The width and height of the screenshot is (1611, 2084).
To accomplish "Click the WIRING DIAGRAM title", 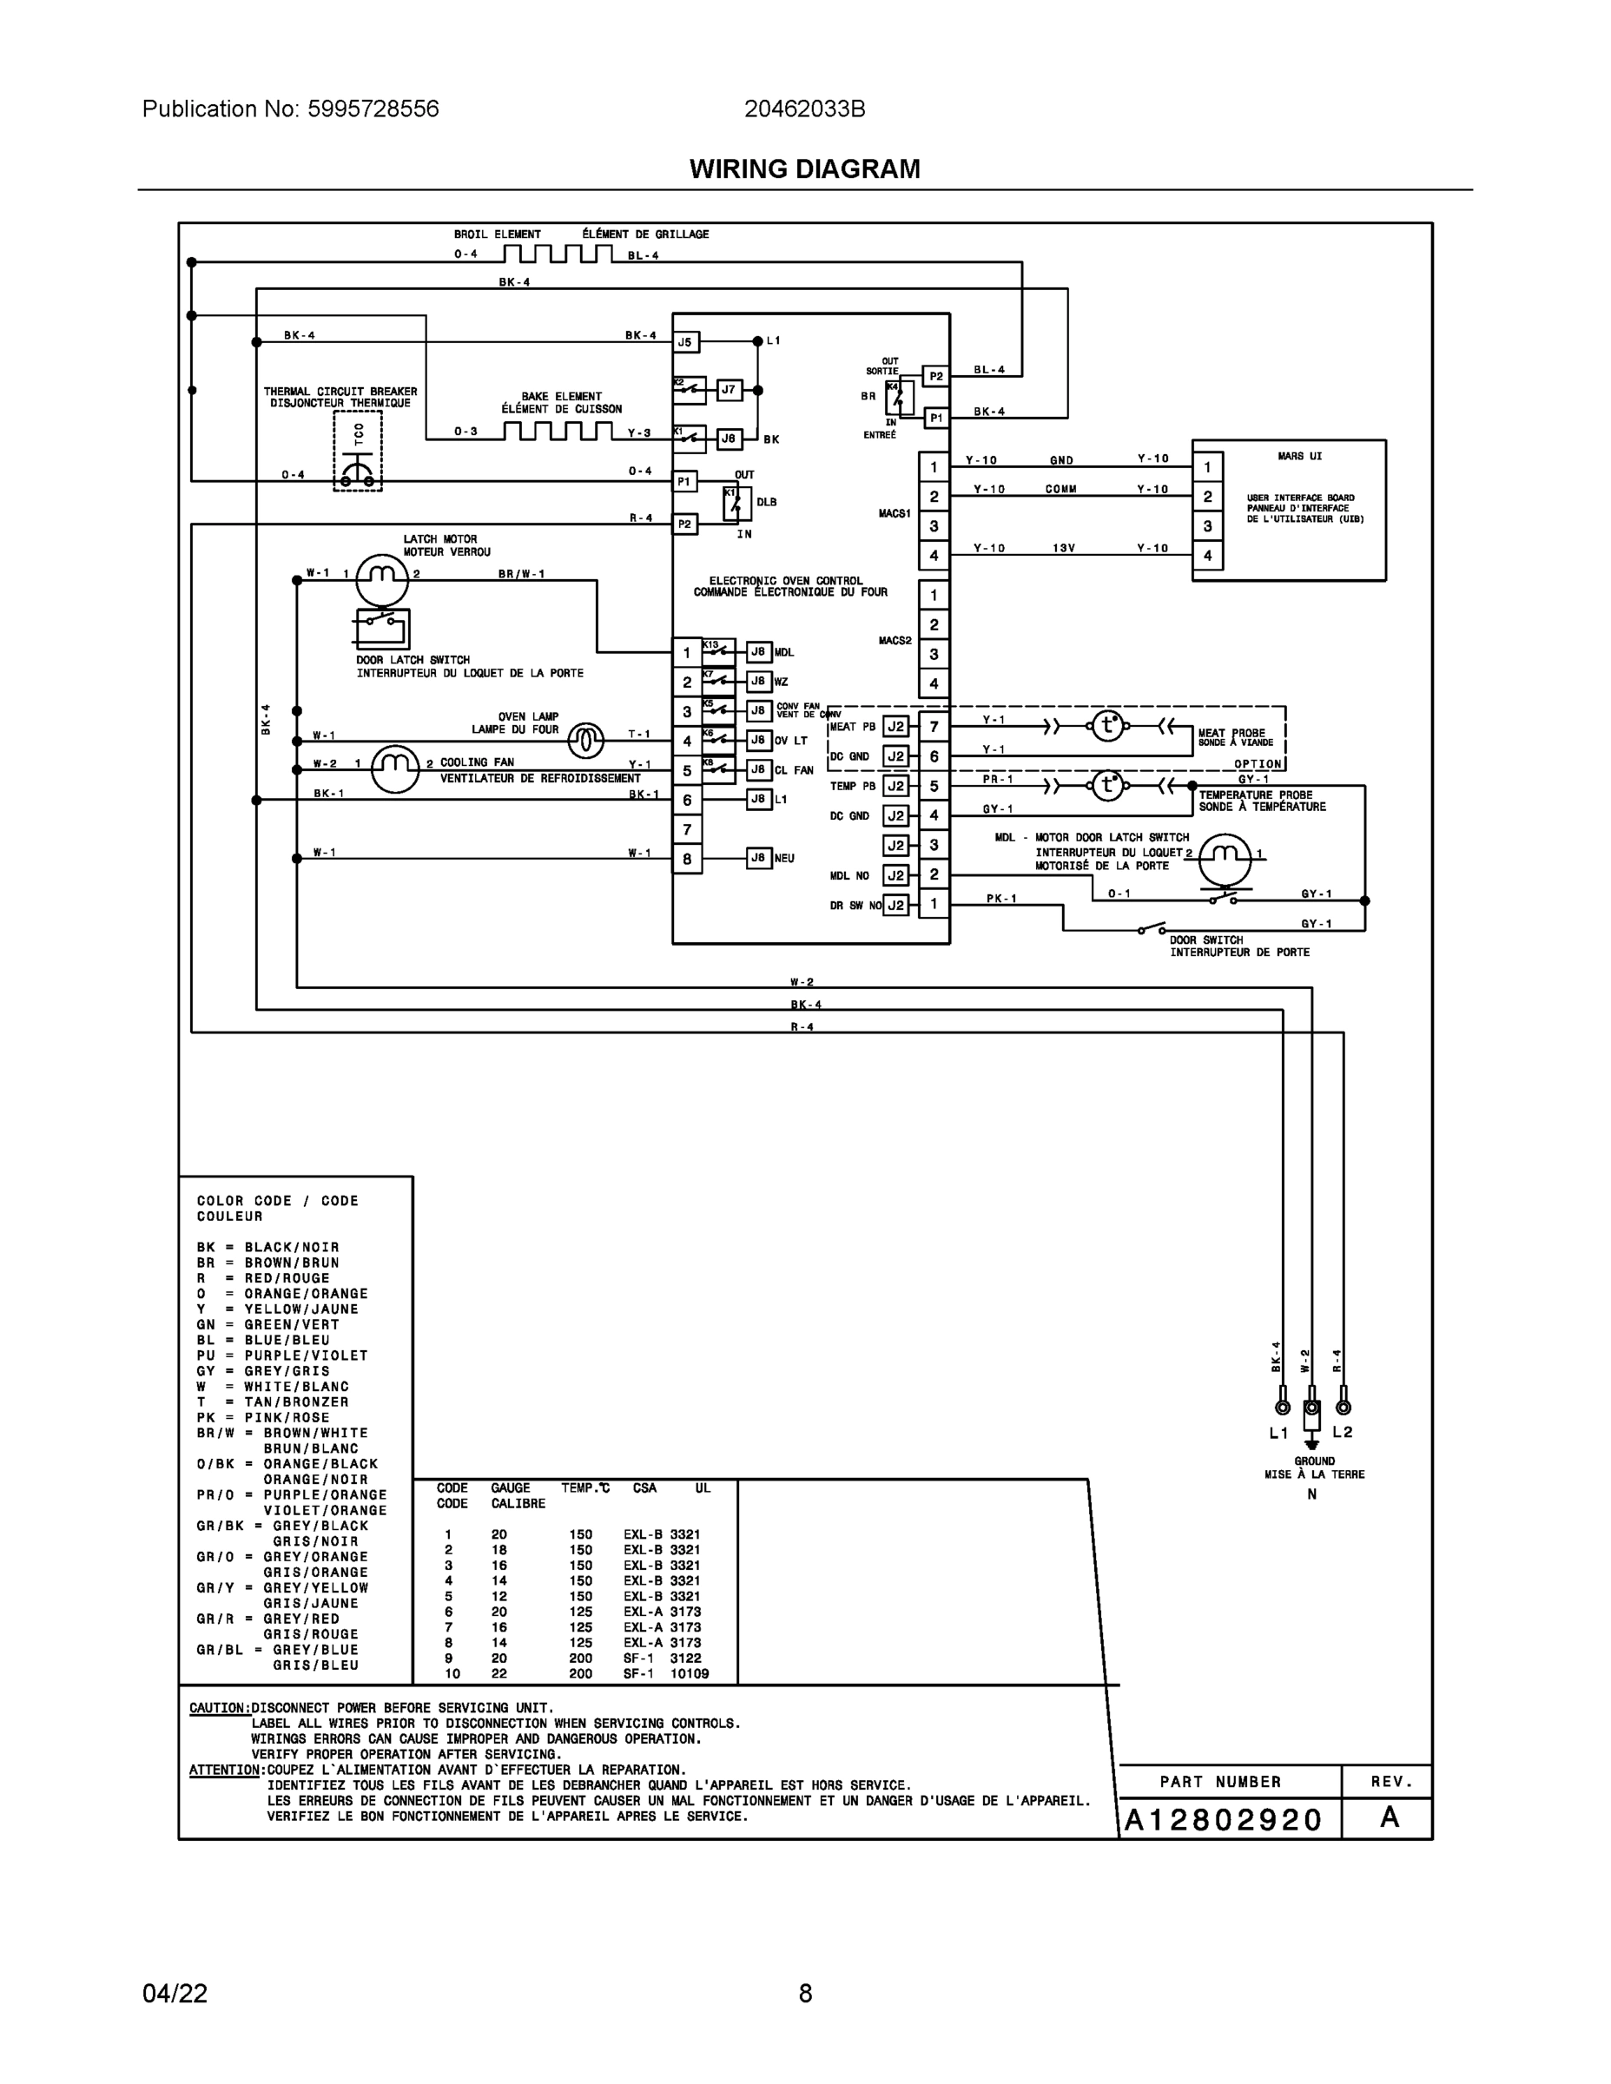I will click(804, 169).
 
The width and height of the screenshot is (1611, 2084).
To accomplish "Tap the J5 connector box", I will click(685, 341).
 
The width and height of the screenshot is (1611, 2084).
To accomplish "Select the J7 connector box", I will click(728, 389).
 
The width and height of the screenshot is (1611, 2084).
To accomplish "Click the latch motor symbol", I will click(382, 576).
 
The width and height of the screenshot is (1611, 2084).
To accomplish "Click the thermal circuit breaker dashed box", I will click(358, 452).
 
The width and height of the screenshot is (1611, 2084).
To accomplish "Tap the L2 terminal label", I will click(1342, 1431).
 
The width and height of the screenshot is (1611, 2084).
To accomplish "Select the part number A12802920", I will click(1223, 1820).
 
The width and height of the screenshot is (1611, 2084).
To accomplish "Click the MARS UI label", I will click(1300, 456).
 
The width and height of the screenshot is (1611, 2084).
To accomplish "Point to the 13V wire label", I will click(1064, 549).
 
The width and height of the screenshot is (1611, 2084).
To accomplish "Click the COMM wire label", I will click(1060, 490).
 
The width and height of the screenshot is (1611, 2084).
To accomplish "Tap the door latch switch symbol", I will click(382, 628).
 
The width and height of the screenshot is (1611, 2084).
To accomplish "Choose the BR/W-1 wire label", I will click(521, 575).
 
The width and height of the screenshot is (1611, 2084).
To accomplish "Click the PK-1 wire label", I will click(1001, 898).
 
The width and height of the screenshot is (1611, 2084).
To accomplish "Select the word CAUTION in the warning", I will click(220, 1708).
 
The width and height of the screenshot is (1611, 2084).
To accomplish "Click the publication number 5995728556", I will click(373, 109).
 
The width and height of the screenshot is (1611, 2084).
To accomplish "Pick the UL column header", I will click(703, 1487).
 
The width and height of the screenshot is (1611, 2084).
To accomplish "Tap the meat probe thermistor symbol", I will click(1107, 726).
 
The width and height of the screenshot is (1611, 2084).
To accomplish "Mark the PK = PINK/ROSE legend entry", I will click(263, 1417).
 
